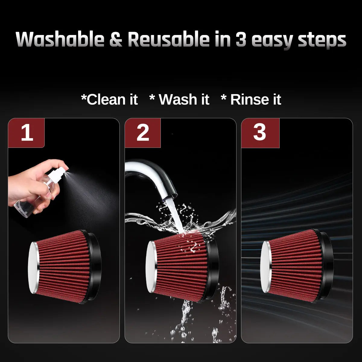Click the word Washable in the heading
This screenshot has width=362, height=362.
tap(60, 39)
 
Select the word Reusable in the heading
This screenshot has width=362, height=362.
tap(169, 39)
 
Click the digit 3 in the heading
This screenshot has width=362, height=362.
tap(241, 40)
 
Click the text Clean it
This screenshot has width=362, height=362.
tap(109, 99)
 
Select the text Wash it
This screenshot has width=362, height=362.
tap(179, 99)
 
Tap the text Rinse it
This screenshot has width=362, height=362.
tap(251, 99)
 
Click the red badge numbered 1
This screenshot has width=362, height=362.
tap(26, 133)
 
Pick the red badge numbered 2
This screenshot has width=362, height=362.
tap(143, 133)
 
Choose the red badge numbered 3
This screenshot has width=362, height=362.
tap(260, 133)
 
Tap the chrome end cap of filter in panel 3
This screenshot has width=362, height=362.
tap(266, 267)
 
